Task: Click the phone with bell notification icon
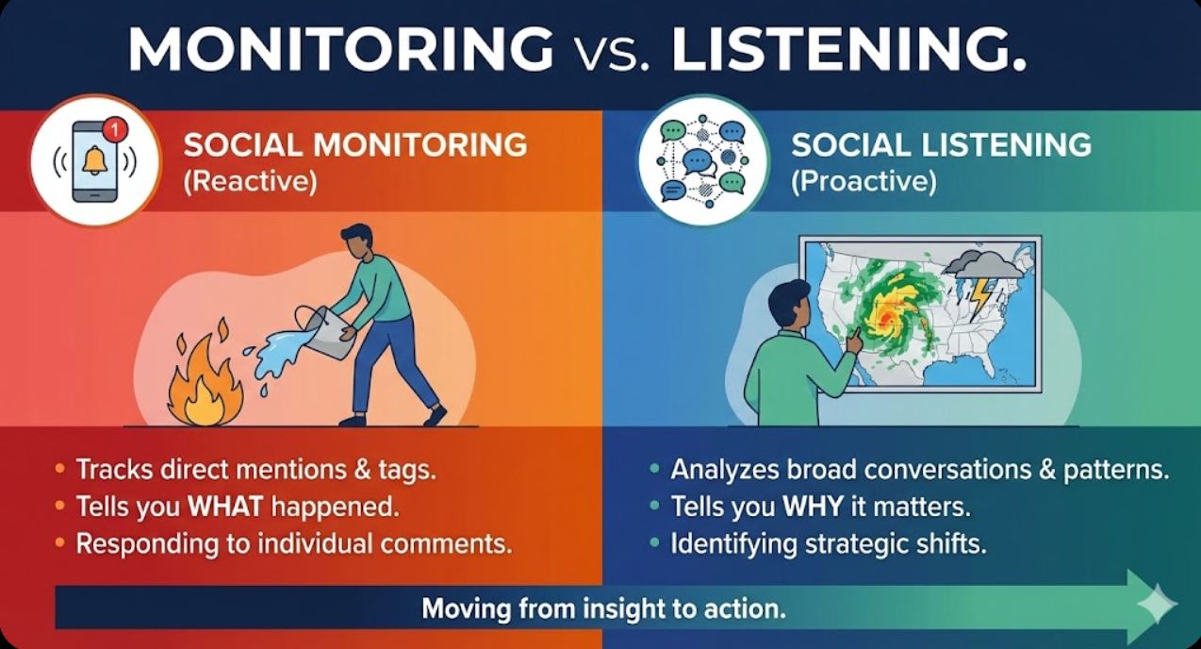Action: click(x=94, y=161)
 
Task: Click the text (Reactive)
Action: click(x=250, y=181)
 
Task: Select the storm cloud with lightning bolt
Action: click(x=981, y=275)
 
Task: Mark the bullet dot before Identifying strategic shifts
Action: click(x=654, y=543)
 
